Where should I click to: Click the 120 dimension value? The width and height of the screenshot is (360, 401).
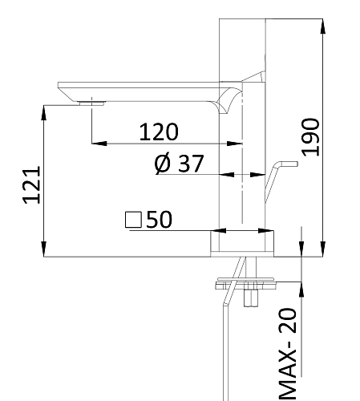159,132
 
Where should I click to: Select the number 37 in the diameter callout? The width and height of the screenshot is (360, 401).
190,164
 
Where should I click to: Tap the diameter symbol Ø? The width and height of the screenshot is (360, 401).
161,164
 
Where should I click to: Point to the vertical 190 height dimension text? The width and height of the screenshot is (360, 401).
312,136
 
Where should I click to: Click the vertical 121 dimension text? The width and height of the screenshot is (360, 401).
30,185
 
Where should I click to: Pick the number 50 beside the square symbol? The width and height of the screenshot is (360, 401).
159,220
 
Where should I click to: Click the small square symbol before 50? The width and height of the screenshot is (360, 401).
133,220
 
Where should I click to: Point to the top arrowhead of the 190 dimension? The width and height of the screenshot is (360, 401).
323,24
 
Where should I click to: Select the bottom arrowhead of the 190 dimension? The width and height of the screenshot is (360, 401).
323,248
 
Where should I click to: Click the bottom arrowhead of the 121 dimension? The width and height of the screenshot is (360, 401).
42,248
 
